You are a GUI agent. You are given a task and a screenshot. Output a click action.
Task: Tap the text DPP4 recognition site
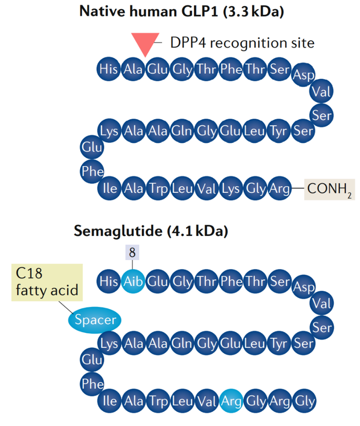(x=242, y=43)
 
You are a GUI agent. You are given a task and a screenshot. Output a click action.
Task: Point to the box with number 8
(x=133, y=252)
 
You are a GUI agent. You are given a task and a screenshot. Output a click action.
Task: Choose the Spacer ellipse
(x=95, y=320)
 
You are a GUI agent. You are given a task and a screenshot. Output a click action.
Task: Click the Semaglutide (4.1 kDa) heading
(x=151, y=232)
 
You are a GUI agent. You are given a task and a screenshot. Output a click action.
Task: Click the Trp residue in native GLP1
(x=157, y=188)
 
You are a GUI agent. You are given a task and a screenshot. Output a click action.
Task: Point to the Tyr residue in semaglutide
(x=280, y=344)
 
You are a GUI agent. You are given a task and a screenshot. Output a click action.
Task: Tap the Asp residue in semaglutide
(x=304, y=288)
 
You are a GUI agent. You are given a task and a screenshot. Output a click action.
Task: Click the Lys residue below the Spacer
(x=109, y=344)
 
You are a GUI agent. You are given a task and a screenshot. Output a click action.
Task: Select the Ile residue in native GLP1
(x=109, y=188)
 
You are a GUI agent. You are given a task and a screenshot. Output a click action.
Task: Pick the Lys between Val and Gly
(x=231, y=188)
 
